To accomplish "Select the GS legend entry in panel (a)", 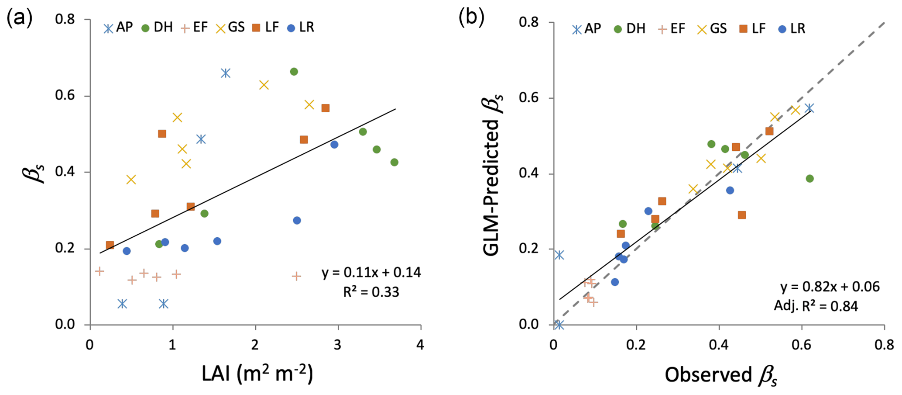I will click(x=230, y=28).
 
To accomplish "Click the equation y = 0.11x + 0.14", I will click(x=371, y=273).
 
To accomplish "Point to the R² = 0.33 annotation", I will click(x=371, y=292).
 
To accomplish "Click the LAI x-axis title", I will click(x=257, y=374).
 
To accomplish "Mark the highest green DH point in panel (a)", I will click(x=294, y=72).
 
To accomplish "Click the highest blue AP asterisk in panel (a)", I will click(x=225, y=73).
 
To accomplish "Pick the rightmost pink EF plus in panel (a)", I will click(x=296, y=276).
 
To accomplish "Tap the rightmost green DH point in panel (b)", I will click(x=809, y=178).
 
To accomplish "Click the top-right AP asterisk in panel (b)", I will click(x=809, y=108).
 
